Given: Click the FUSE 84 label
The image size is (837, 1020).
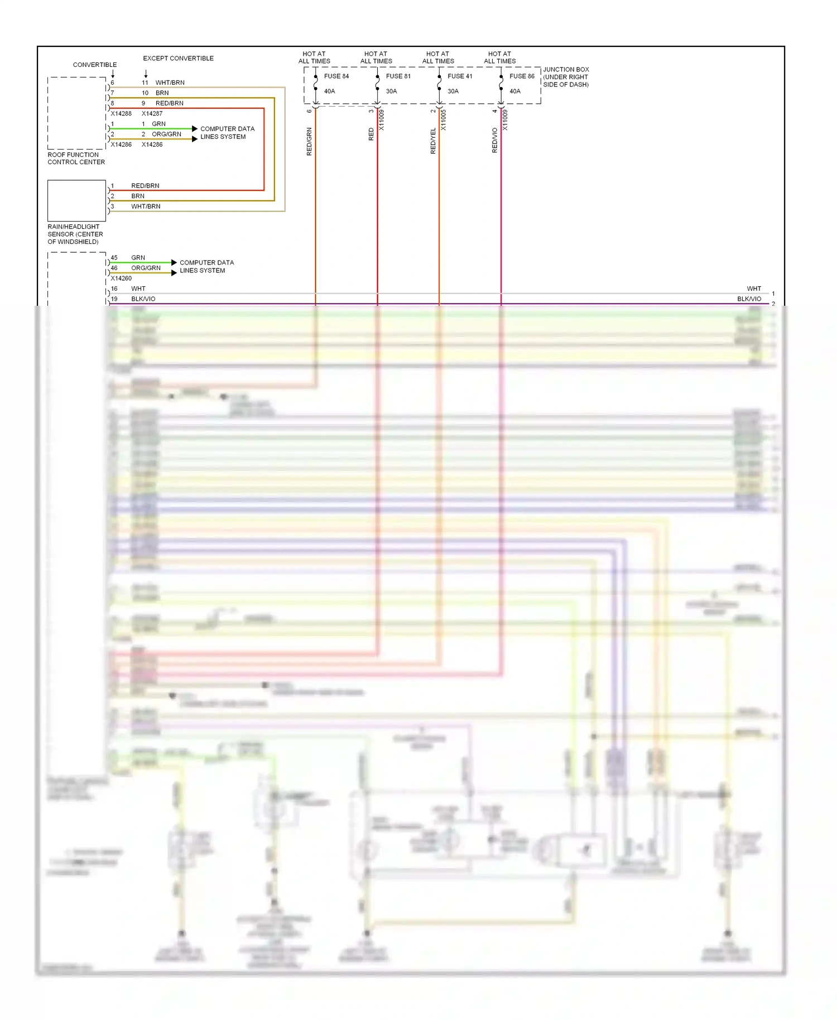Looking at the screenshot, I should tap(336, 76).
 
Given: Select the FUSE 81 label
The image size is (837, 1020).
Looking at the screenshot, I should tap(398, 76).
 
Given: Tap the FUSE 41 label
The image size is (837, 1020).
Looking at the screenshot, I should tap(460, 76).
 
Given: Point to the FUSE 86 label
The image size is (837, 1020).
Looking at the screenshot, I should tap(522, 76).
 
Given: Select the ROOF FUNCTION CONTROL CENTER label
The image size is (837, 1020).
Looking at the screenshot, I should tap(76, 158).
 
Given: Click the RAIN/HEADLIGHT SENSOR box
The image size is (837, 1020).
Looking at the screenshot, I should tap(76, 200).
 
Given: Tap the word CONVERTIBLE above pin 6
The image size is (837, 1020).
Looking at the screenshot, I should tap(95, 65).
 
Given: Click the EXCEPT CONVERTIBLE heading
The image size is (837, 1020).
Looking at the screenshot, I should tap(178, 58).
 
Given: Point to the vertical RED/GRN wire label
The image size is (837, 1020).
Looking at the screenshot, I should tap(309, 141).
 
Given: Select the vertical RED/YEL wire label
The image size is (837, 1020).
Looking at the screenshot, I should tap(433, 141).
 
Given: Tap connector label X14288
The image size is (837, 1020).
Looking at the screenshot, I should tap(121, 113).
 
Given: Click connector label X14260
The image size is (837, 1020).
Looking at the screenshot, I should tap(121, 278).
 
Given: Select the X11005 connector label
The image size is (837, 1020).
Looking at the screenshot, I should tap(444, 120).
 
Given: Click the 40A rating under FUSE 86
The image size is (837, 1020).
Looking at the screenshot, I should tap(514, 92).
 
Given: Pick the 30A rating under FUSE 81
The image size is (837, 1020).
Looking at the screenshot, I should tap(391, 92).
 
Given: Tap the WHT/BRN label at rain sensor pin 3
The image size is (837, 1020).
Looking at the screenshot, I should tap(146, 206).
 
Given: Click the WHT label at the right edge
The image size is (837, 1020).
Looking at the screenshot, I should tap(753, 288).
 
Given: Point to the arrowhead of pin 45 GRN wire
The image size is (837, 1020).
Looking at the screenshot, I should tap(174, 262).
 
